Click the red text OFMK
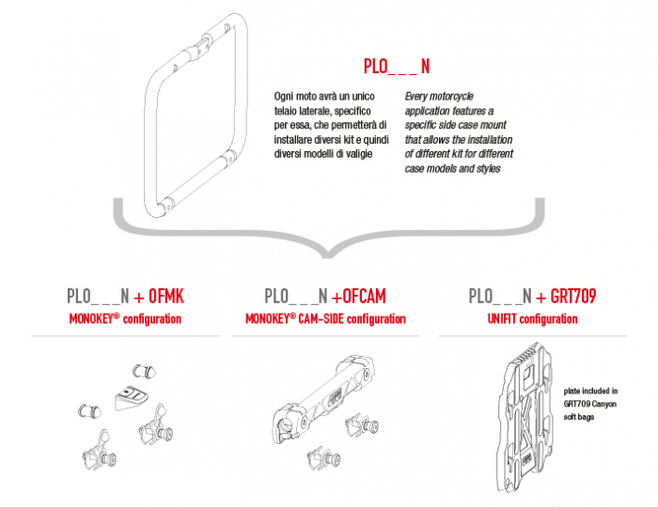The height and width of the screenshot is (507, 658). [161, 297]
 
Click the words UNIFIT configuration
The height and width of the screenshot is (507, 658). [532, 319]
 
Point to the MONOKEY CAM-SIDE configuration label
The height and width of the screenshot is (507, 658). [325, 319]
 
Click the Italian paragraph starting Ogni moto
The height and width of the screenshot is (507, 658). [324, 125]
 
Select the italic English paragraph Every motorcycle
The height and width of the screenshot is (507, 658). [452, 131]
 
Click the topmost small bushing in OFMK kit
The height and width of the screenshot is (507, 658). [144, 366]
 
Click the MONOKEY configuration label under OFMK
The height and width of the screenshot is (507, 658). [125, 319]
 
